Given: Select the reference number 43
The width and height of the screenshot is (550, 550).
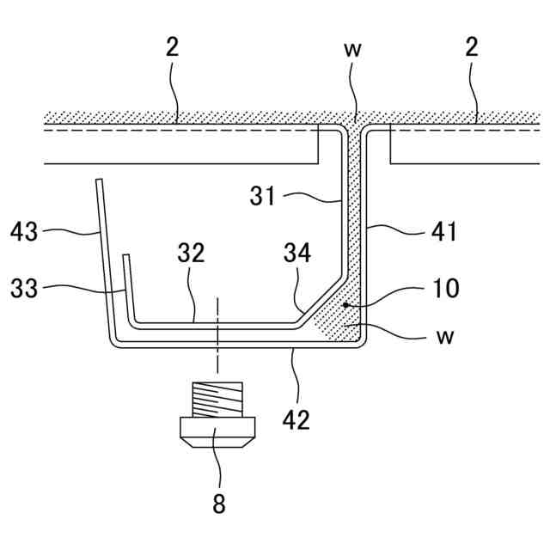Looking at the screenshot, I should (x=26, y=230).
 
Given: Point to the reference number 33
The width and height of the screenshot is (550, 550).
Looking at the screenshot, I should (x=26, y=289).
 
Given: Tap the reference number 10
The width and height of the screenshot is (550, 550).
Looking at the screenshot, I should (x=444, y=288).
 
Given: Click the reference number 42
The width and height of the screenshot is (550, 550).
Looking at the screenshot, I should (x=298, y=420).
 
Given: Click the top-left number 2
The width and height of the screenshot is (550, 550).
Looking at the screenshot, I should (x=173, y=48).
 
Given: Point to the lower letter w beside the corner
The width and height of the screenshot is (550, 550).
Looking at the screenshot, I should (x=444, y=336).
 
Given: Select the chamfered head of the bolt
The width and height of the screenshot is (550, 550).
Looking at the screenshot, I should (x=218, y=434).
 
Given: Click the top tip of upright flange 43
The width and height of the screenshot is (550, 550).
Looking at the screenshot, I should (x=99, y=180).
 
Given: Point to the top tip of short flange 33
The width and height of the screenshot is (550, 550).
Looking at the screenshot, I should (x=125, y=256).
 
